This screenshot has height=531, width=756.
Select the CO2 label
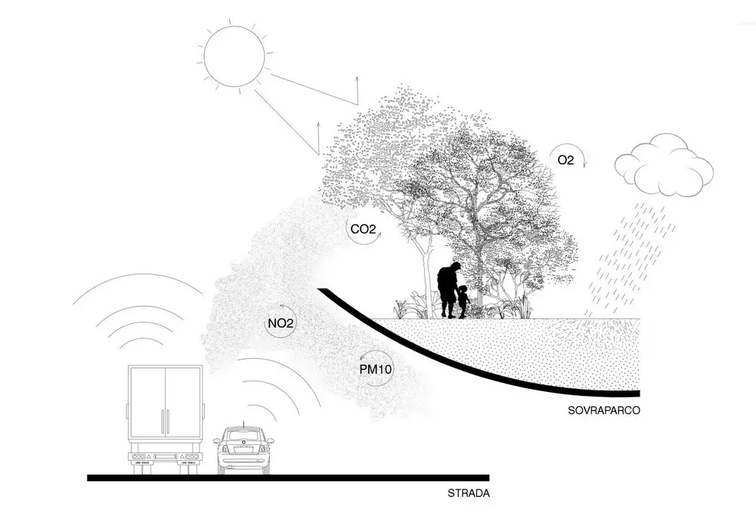[x=363, y=229]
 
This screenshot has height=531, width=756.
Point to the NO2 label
[x=281, y=323]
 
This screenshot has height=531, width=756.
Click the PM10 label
[x=376, y=370]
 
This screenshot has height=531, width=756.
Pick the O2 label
[x=565, y=160]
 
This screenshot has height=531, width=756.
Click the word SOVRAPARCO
[x=603, y=411]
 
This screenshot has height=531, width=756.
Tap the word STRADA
[x=469, y=493]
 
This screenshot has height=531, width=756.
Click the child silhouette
[x=463, y=302]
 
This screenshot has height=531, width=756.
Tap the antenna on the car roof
[x=243, y=424]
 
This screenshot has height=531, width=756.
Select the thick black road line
[x=288, y=478]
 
